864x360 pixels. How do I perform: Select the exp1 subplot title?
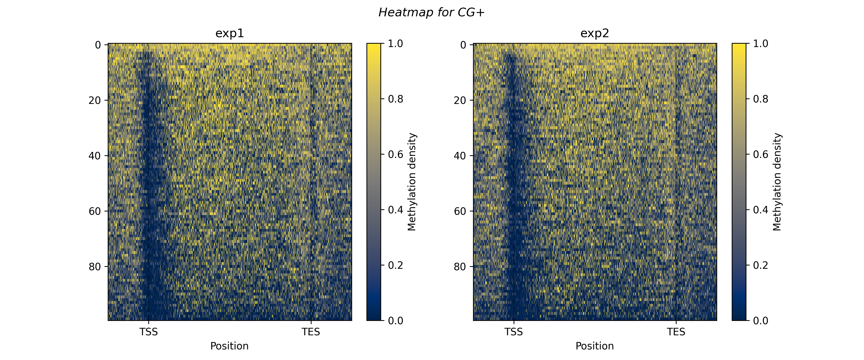(x=230, y=33)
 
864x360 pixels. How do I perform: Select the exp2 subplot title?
(x=595, y=33)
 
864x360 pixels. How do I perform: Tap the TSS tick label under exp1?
(x=149, y=332)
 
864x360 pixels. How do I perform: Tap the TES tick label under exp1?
(x=311, y=332)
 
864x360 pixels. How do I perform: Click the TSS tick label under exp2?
(x=514, y=332)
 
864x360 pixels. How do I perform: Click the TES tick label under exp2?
(x=676, y=332)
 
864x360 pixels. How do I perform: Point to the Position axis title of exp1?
(x=229, y=346)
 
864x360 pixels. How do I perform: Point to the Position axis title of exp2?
(x=595, y=346)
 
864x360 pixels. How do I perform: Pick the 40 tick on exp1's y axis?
(x=95, y=156)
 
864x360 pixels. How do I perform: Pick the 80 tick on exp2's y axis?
(x=460, y=267)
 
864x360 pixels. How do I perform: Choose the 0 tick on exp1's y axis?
(x=98, y=45)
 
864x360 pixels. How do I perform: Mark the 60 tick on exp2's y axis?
(x=460, y=211)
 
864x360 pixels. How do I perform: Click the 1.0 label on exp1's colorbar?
(x=396, y=44)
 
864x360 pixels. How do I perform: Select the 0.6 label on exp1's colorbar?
(x=396, y=154)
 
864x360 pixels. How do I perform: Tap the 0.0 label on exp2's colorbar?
(x=761, y=321)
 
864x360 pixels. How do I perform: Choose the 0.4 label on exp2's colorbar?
(x=761, y=210)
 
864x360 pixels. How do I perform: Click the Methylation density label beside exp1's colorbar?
(x=412, y=182)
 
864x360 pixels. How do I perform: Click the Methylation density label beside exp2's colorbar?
(x=777, y=182)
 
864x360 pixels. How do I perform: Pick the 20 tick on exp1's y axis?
(x=95, y=100)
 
